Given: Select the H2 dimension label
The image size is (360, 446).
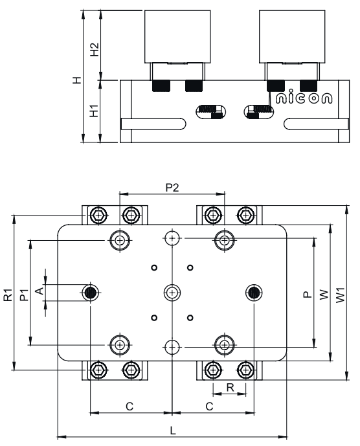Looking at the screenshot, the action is [x=94, y=49].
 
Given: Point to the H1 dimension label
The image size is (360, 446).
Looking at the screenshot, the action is [x=94, y=111].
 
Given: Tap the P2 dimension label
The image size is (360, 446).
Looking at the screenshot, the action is [x=172, y=188].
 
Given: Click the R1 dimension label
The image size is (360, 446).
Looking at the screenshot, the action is [x=8, y=295].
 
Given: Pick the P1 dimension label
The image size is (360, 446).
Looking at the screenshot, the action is [x=24, y=295].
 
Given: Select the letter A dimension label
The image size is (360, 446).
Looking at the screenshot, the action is [x=39, y=291].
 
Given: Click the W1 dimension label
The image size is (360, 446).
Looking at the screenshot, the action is [x=341, y=295].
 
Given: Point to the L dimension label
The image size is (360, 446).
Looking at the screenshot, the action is [x=173, y=430].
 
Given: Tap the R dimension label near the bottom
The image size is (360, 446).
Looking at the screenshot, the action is [x=230, y=387].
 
